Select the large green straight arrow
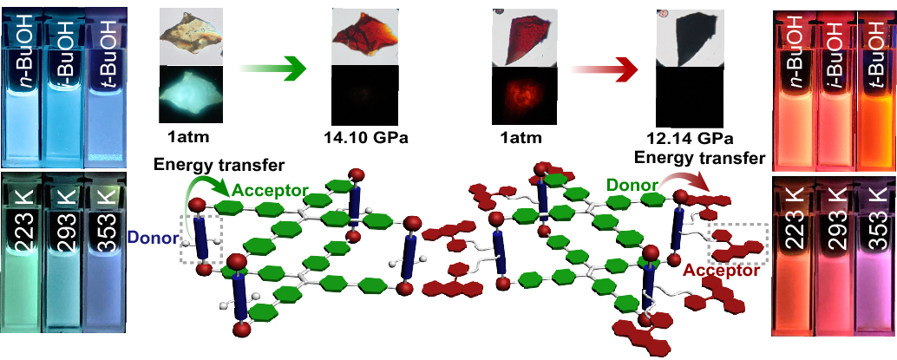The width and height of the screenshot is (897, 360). (x=272, y=69)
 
